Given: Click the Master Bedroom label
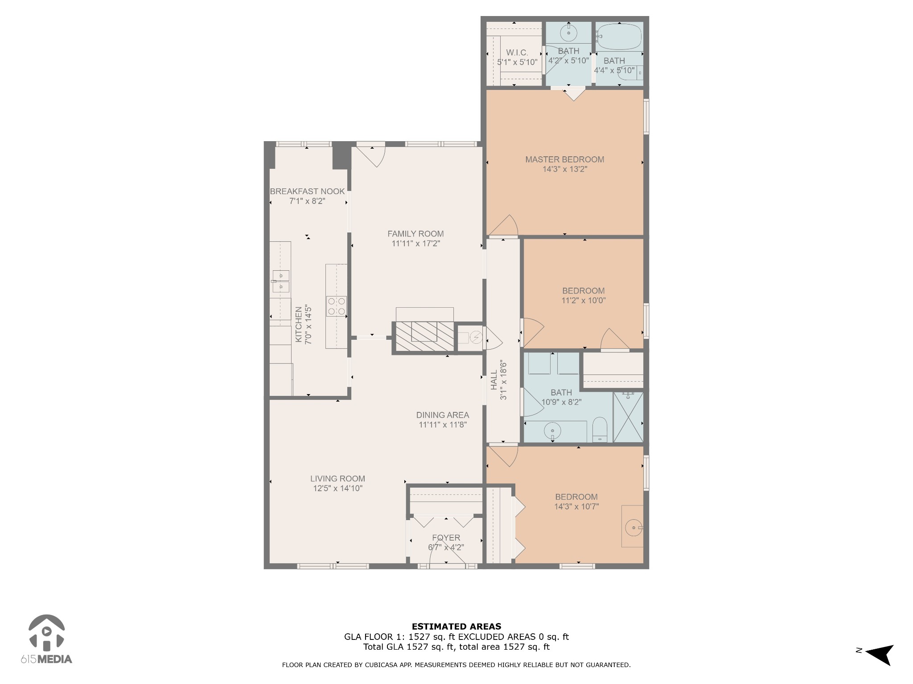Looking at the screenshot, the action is [x=564, y=159].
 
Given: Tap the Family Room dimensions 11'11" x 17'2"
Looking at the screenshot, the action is [x=415, y=244].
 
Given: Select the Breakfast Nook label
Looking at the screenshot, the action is [x=307, y=191].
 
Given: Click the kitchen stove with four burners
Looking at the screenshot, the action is [x=337, y=306].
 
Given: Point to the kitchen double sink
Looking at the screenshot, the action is [x=281, y=281].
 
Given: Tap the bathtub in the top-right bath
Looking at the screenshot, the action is [x=620, y=37].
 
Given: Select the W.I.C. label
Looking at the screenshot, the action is [x=517, y=53].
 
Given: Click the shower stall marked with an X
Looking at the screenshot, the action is [x=628, y=417].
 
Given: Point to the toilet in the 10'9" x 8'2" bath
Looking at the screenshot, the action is [x=600, y=429].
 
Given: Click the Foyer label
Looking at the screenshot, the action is [x=446, y=537].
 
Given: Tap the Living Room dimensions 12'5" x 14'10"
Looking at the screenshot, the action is [x=338, y=489].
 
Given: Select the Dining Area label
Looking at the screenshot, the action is [x=443, y=415].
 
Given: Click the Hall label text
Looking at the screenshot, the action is [x=494, y=380].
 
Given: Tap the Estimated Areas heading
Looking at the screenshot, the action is [x=456, y=627].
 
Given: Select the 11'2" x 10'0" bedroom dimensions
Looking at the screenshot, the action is [x=584, y=301].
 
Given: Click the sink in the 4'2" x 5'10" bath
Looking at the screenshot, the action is [x=569, y=32].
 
